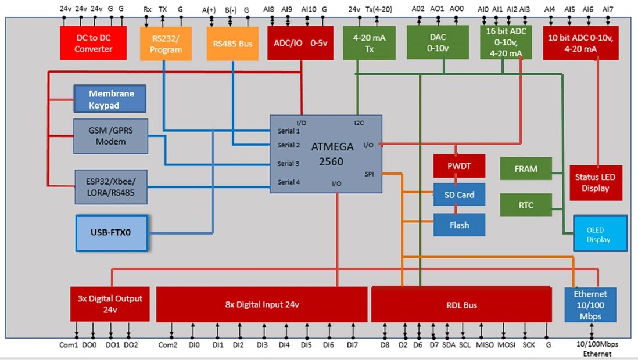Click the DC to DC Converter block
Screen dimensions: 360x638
(x=93, y=43)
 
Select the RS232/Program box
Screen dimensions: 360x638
(x=166, y=44)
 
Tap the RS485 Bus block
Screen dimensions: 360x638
(x=232, y=44)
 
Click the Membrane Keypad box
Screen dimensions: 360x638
(x=110, y=99)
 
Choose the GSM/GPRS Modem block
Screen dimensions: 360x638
(x=111, y=136)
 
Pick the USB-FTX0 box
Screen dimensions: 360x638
(x=111, y=233)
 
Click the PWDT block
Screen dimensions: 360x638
(x=459, y=165)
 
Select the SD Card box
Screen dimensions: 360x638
(x=459, y=195)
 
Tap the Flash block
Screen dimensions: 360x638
(x=459, y=225)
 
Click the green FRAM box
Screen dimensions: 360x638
(x=526, y=168)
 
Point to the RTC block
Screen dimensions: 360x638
(x=526, y=205)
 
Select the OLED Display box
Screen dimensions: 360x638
(x=600, y=233)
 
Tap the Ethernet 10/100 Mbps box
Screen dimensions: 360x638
(x=590, y=305)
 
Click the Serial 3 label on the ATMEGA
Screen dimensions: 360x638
(x=289, y=164)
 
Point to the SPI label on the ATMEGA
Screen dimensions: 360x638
(x=370, y=174)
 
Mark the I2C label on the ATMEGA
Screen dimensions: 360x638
(x=359, y=123)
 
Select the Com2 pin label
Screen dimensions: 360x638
(x=168, y=345)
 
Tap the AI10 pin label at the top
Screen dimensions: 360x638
(x=309, y=10)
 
